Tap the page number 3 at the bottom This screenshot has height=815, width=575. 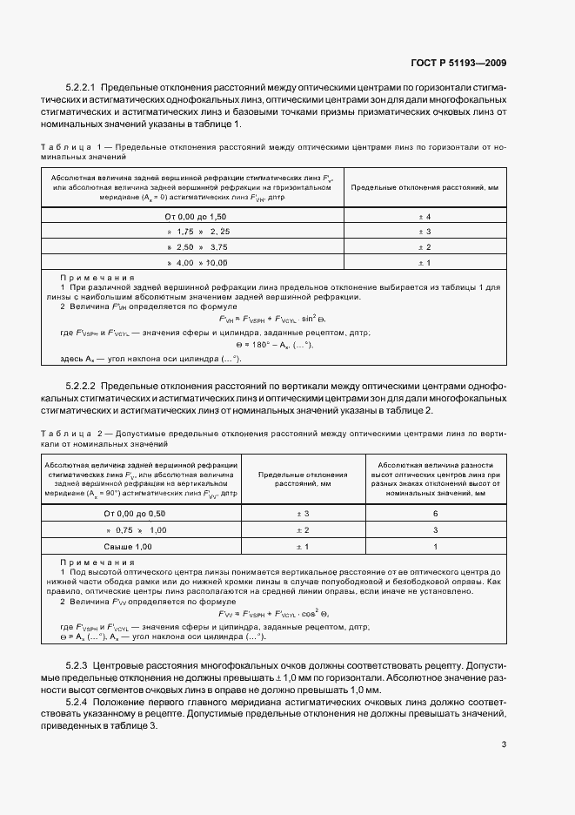coord(504,743)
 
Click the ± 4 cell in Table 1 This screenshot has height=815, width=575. coord(425,215)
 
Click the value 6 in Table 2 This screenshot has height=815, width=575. coord(435,514)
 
